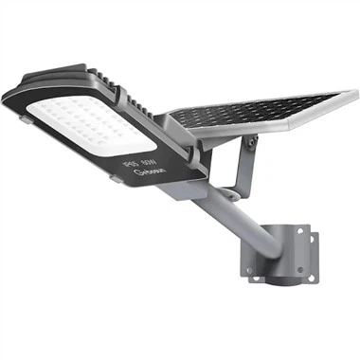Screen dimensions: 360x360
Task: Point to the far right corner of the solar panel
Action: (x=353, y=96)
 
